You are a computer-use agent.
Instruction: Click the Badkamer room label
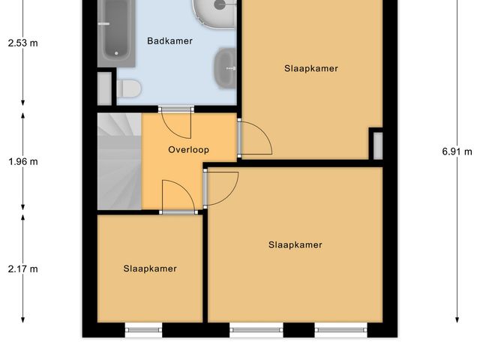click(x=169, y=42)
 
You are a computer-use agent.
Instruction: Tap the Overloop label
click(x=188, y=150)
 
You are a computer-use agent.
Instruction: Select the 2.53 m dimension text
click(x=22, y=43)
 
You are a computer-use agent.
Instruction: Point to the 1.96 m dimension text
click(x=22, y=161)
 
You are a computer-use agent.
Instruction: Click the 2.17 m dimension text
click(x=22, y=269)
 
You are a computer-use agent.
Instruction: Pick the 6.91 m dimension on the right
click(x=457, y=151)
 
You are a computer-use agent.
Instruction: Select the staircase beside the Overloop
click(x=119, y=160)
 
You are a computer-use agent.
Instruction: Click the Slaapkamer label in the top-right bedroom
click(x=311, y=68)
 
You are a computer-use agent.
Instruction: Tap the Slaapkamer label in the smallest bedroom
click(x=150, y=268)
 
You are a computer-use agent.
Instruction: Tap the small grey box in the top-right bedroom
click(x=376, y=143)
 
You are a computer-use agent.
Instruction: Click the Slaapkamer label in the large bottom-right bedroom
click(x=295, y=244)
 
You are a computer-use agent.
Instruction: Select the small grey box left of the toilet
click(x=105, y=87)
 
